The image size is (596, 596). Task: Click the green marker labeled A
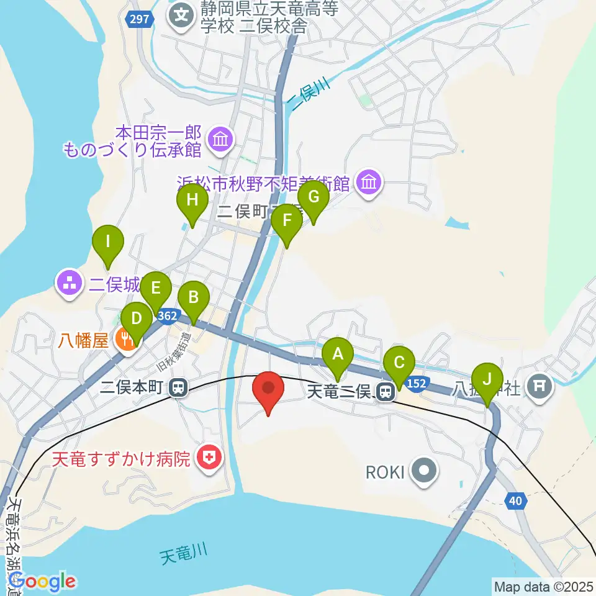(338, 356)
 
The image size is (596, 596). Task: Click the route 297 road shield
(140, 19)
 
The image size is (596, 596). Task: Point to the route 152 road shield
(418, 384)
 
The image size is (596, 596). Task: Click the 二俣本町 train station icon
(178, 389)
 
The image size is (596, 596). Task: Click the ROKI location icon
(424, 472)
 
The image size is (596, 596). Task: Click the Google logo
(42, 581)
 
